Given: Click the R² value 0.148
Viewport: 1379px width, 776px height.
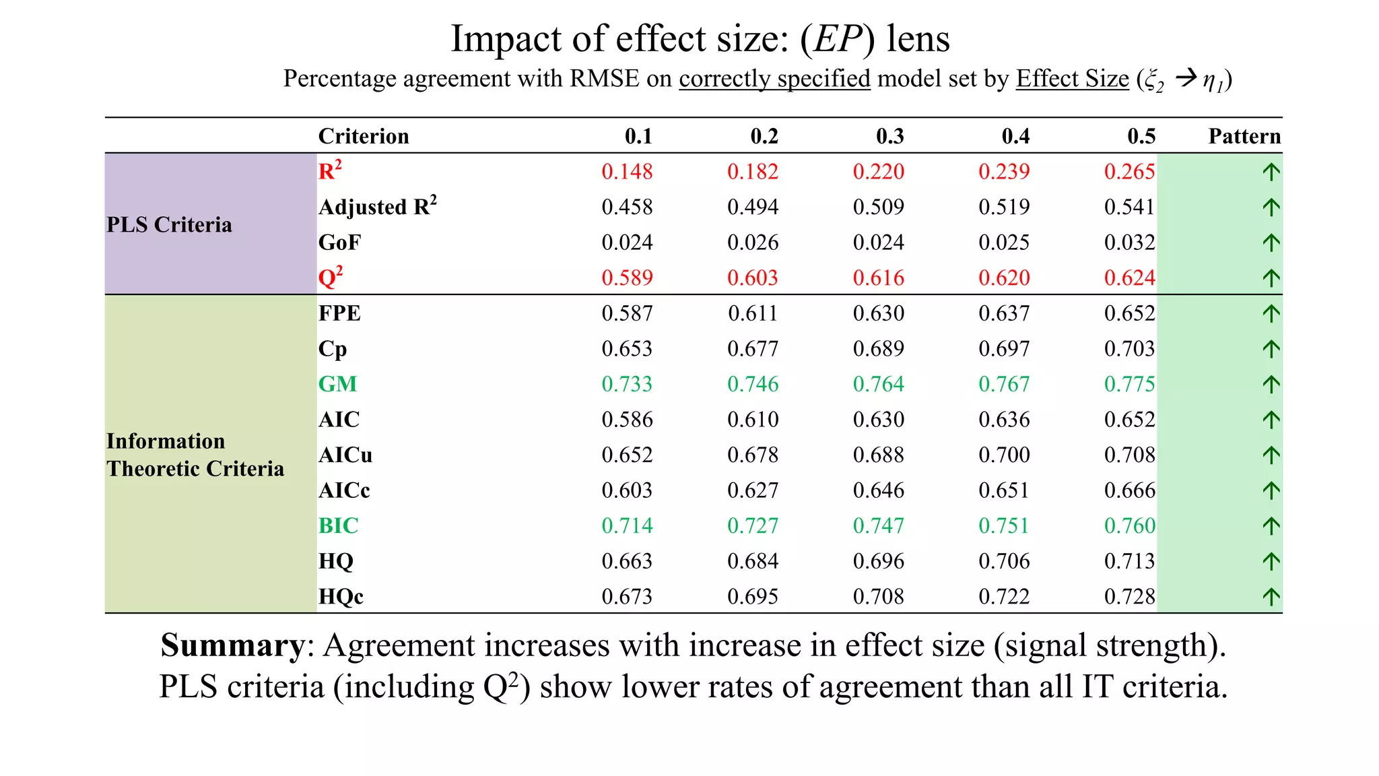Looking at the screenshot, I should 627,172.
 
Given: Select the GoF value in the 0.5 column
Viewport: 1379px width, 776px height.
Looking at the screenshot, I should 1129,243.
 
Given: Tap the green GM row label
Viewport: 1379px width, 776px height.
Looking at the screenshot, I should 337,384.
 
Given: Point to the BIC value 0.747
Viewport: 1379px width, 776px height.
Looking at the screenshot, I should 878,525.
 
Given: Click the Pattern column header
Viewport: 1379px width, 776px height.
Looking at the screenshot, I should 1244,136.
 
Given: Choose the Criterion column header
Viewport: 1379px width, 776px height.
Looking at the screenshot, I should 364,136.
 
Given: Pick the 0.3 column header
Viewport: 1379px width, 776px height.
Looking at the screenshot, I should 889,136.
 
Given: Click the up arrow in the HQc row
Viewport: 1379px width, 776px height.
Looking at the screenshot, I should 1271,597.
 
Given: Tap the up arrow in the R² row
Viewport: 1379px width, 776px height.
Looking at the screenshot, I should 1271,172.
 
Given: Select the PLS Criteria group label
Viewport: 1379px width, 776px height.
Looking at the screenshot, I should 169,224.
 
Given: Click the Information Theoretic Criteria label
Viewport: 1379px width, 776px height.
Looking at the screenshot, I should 195,455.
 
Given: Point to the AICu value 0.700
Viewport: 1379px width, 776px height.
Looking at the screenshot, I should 1004,455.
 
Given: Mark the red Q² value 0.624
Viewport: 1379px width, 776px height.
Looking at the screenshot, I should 1129,278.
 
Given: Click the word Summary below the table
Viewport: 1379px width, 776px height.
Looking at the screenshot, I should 232,645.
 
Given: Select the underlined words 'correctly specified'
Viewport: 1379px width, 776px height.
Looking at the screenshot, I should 774,79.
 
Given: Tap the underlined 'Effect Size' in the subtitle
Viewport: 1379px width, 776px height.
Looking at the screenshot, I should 1072,79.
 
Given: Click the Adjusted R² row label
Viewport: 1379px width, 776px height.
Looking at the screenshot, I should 377,206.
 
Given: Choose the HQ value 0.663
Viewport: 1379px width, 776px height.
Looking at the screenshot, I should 627,561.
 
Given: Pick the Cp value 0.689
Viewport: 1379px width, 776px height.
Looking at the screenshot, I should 878,349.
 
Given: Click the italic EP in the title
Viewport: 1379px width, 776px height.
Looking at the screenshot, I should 837,38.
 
